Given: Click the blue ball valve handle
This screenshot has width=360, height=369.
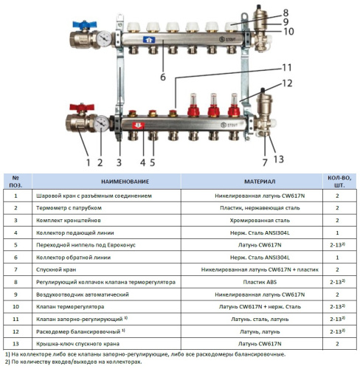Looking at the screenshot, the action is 84,24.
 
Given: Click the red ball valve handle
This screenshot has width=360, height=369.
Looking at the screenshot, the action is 82,108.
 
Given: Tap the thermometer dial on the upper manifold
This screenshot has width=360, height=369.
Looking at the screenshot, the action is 104,38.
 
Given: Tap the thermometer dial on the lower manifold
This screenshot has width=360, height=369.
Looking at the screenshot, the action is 101,124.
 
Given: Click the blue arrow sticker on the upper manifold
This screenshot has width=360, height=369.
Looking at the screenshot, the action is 149,40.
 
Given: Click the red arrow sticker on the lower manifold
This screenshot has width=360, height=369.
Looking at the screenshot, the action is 139,125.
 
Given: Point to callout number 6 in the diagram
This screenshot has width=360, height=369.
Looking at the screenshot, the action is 163,77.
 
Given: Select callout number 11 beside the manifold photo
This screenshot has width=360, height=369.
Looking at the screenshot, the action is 287,67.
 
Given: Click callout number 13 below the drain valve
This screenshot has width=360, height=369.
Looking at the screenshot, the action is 279,159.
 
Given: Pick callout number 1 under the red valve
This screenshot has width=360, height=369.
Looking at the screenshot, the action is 88,162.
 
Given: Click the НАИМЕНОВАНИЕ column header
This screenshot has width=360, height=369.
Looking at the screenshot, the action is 125,182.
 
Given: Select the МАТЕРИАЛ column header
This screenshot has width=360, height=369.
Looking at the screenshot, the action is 260,182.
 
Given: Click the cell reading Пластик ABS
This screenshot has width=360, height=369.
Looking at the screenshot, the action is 260,282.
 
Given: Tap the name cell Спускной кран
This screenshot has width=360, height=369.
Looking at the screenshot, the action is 56,269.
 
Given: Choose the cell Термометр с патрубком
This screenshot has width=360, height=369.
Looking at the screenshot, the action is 69,208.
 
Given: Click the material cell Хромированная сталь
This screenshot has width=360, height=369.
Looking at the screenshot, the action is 260,220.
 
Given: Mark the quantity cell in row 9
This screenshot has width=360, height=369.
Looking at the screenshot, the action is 337,294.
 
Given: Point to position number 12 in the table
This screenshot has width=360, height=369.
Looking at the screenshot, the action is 15,331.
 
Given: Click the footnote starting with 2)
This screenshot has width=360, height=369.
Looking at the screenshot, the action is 74,362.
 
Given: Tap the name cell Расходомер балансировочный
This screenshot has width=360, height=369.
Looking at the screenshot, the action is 80,331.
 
